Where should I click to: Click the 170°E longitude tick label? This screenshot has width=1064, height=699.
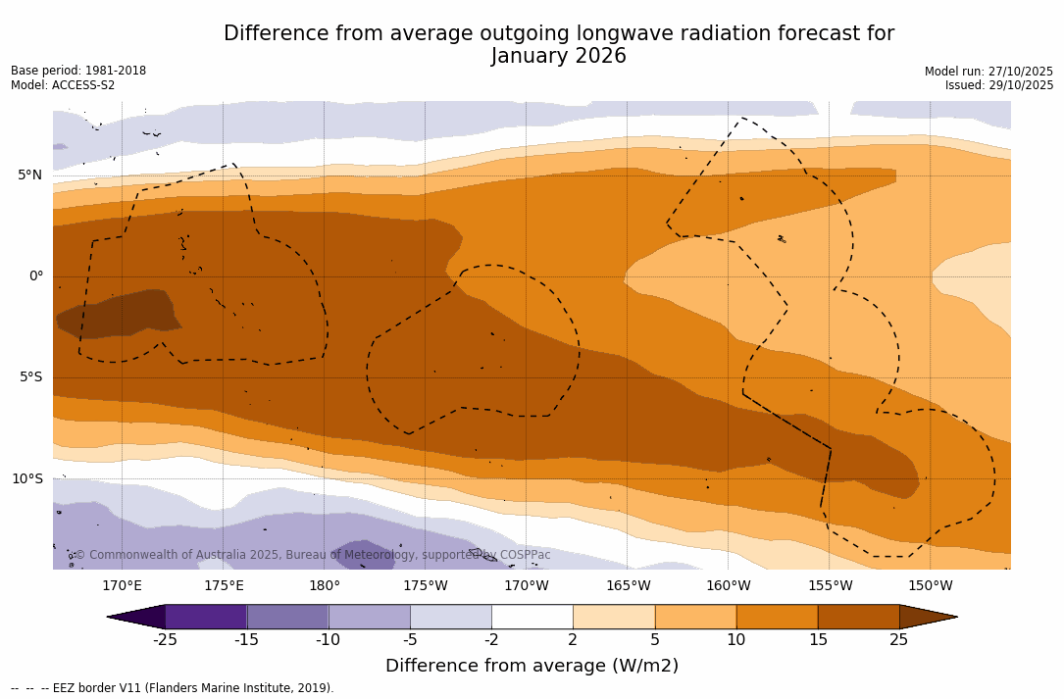click(122, 586)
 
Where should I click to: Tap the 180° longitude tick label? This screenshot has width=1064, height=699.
click(325, 586)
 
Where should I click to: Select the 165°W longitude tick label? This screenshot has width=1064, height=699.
click(628, 586)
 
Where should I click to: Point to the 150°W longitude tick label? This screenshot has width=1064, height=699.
click(931, 586)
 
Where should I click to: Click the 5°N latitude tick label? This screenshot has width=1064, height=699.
click(29, 175)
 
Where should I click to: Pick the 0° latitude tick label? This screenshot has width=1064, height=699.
click(35, 276)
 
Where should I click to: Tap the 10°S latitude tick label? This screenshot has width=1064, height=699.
click(26, 479)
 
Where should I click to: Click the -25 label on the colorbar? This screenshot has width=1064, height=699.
click(165, 640)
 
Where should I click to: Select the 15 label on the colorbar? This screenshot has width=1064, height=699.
click(817, 640)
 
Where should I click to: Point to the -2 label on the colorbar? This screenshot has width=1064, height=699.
click(491, 640)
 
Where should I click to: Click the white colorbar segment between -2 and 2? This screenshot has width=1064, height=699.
click(532, 617)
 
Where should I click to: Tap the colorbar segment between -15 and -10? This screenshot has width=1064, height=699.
click(287, 617)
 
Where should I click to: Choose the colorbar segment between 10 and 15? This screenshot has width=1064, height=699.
click(777, 617)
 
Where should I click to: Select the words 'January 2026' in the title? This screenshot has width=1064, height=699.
click(559, 57)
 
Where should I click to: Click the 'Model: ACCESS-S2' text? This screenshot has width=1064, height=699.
click(63, 85)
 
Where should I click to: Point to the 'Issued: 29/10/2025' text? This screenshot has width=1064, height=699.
click(999, 85)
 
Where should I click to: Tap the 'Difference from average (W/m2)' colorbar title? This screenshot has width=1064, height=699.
click(532, 667)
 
